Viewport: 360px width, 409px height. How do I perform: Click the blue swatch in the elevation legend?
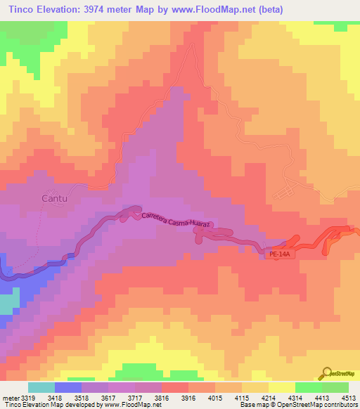67,387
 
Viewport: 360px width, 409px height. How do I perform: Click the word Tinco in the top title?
22,9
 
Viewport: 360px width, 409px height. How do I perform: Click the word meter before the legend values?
9,397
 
